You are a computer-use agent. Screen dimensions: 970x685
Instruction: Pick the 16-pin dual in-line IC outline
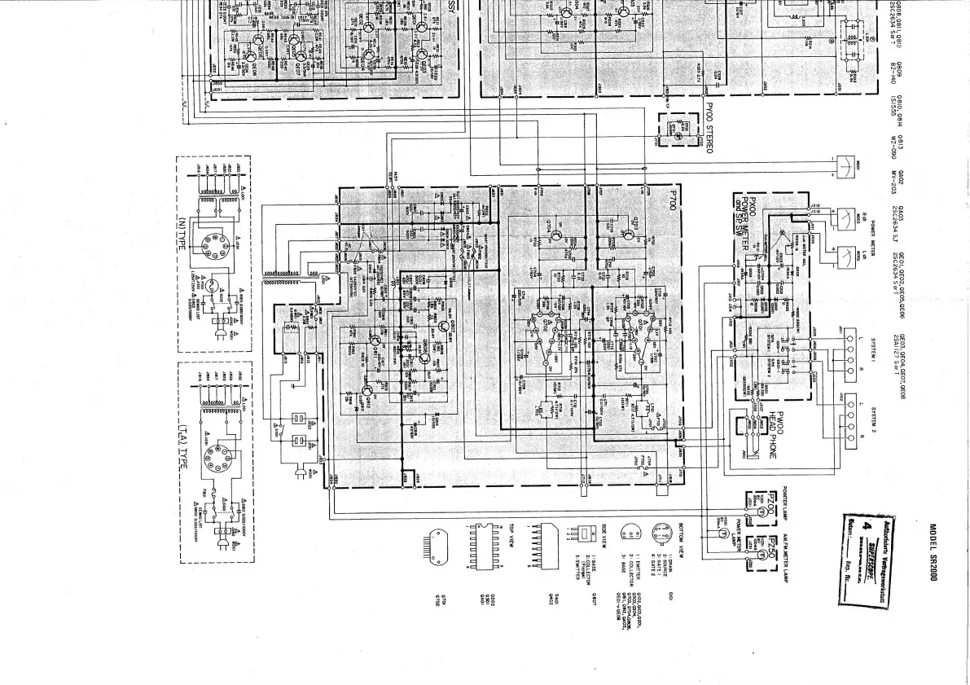pos(484,539)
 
